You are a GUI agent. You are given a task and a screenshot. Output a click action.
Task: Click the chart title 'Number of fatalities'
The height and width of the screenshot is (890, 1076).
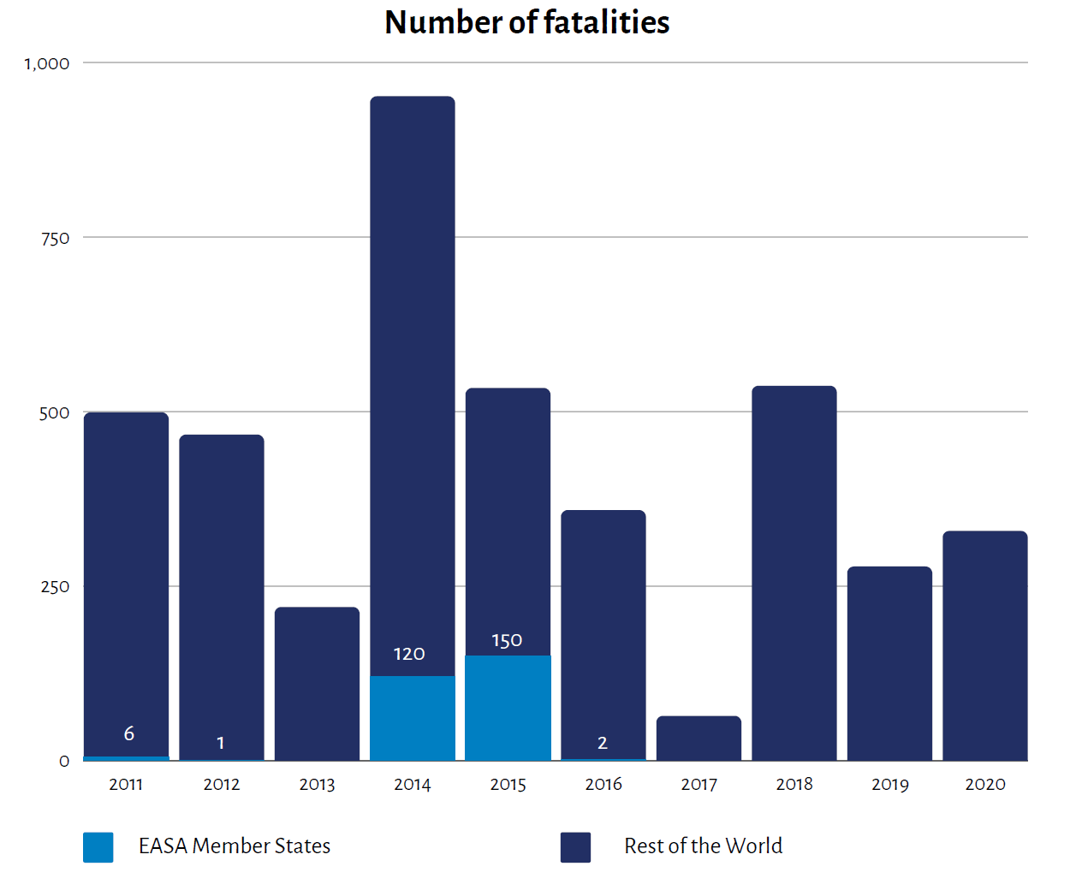526,22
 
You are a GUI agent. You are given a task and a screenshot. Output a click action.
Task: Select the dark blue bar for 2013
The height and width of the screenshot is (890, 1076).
317,684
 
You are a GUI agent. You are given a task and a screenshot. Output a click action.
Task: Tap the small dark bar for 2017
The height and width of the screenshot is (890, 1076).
699,739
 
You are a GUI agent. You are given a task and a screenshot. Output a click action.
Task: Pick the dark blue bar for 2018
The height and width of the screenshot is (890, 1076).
794,573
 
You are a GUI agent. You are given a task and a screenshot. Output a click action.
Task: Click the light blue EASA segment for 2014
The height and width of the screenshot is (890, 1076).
412,718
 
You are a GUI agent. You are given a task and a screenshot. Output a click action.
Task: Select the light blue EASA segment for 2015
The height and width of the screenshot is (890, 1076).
508,708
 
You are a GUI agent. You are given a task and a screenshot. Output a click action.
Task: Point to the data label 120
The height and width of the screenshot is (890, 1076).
409,655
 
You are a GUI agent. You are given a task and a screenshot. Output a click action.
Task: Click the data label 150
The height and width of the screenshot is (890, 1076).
507,641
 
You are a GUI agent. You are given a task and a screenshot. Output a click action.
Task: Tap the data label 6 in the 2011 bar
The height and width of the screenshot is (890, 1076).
129,733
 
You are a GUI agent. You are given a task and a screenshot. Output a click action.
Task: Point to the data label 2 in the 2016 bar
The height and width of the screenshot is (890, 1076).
603,743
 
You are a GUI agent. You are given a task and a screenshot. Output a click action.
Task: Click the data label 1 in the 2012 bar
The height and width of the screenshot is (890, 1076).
221,743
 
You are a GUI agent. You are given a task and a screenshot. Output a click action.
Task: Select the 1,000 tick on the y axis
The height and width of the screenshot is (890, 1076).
47,63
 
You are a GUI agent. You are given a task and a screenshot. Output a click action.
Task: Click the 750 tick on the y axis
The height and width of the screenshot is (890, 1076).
56,238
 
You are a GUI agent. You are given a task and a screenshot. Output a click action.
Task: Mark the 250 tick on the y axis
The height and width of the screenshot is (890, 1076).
56,587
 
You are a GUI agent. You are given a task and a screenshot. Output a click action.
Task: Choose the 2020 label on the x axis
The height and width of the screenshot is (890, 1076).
984,784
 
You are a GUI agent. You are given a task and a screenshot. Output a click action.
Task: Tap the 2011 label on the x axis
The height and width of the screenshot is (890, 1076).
126,784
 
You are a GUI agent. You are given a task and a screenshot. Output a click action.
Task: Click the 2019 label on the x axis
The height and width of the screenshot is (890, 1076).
889,784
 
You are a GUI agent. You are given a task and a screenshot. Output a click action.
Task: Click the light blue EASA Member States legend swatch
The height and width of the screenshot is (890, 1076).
98,847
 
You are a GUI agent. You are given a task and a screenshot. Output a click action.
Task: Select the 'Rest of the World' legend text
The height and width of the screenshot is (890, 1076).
703,846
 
